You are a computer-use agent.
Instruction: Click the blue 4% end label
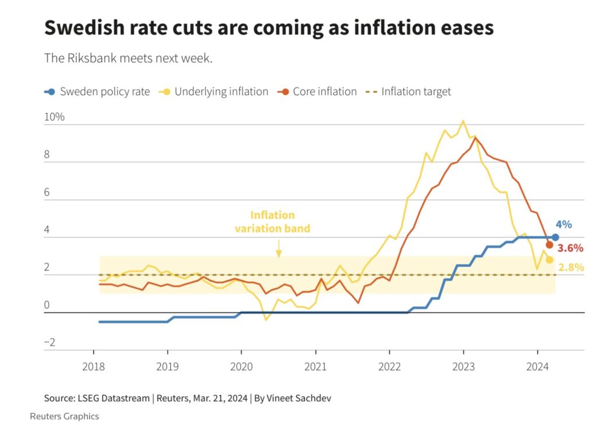pos(563,224)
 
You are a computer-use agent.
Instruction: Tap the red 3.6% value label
pos(570,248)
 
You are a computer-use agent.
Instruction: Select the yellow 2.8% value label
pos(571,268)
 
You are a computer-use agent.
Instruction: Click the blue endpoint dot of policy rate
pos(555,237)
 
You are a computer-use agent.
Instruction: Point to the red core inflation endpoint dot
pos(549,245)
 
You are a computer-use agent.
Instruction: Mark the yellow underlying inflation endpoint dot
pos(549,260)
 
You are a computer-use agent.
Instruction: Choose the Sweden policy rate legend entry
pos(97,92)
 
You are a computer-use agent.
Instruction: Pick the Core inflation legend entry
pos(318,92)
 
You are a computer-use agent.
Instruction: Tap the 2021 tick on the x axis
pos(315,368)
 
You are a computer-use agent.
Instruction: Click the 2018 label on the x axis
pos(93,368)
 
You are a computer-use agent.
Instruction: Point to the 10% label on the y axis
pos(54,117)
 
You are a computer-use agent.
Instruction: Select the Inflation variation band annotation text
pos(272,222)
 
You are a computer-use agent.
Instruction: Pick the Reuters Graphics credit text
pos(64,416)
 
